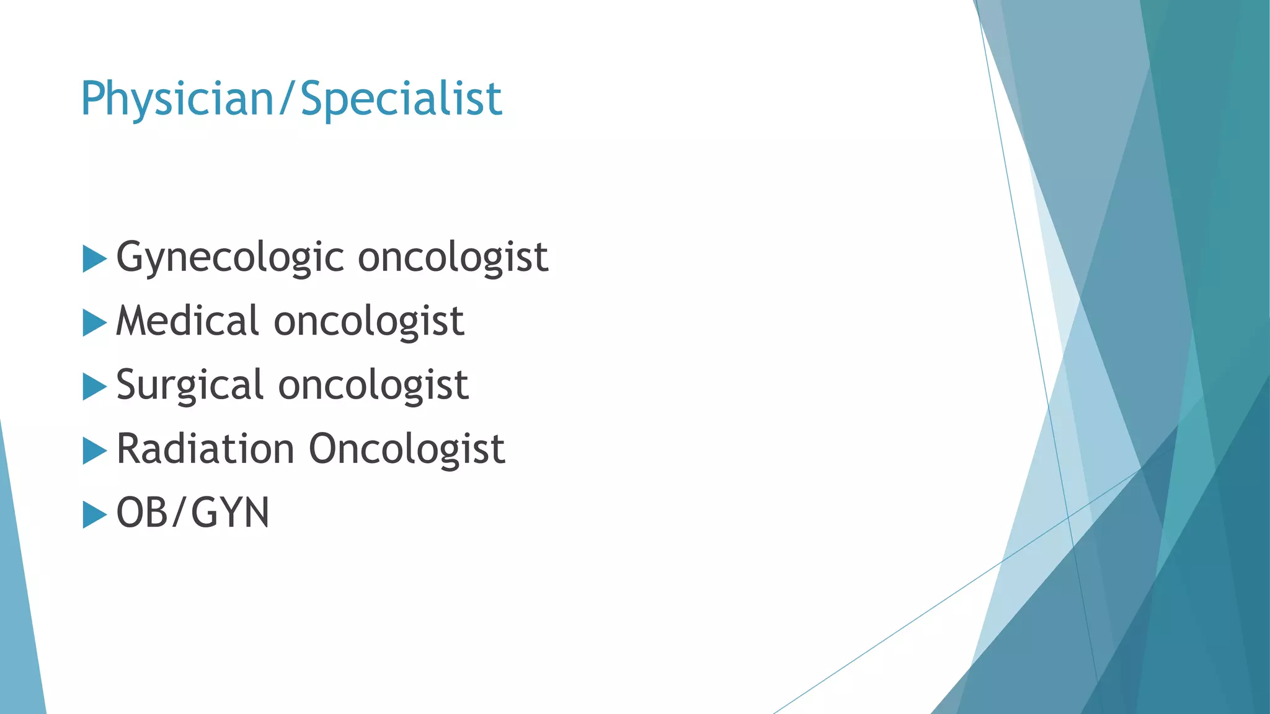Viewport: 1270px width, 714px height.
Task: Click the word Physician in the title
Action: click(x=177, y=99)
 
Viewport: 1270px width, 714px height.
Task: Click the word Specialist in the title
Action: click(x=401, y=99)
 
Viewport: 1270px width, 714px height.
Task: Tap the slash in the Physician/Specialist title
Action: click(x=286, y=99)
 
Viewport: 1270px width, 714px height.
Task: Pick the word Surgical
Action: click(x=190, y=385)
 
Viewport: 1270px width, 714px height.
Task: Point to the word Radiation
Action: click(x=205, y=449)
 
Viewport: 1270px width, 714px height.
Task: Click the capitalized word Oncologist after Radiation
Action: click(x=407, y=449)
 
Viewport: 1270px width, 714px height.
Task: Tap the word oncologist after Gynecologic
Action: click(x=453, y=258)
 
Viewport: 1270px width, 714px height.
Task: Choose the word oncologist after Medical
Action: click(x=369, y=321)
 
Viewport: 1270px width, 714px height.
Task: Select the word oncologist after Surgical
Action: click(x=373, y=385)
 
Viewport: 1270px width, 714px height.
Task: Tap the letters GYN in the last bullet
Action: click(x=230, y=513)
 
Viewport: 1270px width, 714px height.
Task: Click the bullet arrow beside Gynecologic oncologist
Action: click(x=94, y=258)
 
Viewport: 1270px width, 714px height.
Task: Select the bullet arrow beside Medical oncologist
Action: click(x=94, y=323)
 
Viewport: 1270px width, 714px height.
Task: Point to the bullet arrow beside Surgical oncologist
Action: click(x=94, y=387)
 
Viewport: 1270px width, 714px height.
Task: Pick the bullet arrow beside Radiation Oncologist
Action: click(x=94, y=451)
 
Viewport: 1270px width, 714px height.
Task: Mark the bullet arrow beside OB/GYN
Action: click(x=94, y=515)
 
